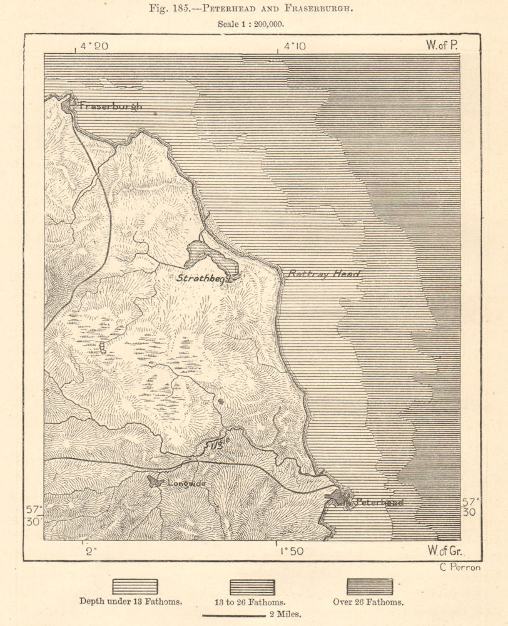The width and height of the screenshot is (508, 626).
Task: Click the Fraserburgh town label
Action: click(x=110, y=106)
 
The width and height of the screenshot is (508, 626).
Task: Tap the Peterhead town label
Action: click(x=378, y=502)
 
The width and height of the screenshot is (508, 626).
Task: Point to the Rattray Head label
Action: click(x=323, y=274)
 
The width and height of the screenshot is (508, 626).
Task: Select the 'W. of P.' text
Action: click(x=442, y=45)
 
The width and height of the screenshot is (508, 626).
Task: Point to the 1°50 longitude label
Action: click(x=292, y=552)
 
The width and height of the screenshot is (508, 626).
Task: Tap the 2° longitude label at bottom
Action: click(x=92, y=552)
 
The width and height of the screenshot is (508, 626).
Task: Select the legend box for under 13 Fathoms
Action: click(x=135, y=587)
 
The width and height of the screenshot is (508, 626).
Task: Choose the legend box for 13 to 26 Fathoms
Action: click(x=252, y=587)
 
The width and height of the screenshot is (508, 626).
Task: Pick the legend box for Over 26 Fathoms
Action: click(x=370, y=587)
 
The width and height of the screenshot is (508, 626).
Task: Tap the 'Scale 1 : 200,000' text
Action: click(x=253, y=24)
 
